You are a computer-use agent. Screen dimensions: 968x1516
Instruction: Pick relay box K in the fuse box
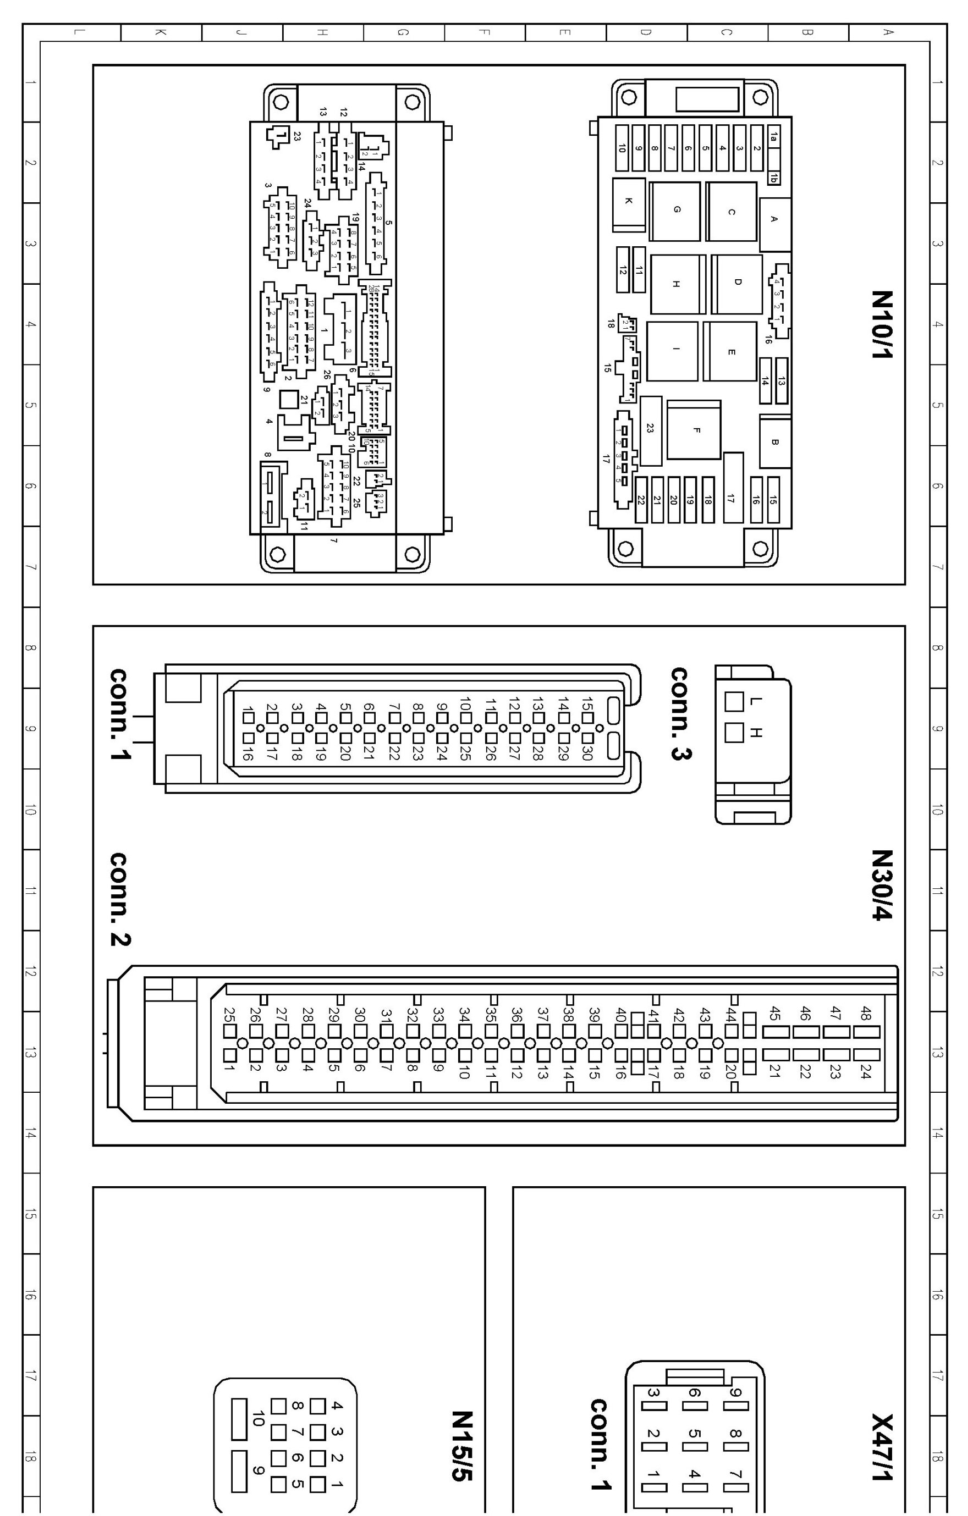[629, 202]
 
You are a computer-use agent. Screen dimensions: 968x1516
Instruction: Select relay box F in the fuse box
[695, 430]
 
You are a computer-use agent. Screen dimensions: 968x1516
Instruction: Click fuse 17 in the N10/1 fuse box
[732, 488]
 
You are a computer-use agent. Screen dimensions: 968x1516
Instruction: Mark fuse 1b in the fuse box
[774, 178]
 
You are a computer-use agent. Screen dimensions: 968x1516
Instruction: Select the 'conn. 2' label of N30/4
[120, 900]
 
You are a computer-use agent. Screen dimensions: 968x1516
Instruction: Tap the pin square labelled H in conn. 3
[734, 733]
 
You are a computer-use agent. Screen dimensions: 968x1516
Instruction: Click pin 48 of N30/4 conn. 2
[867, 1032]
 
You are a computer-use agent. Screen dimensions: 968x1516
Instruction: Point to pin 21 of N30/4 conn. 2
[776, 1054]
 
